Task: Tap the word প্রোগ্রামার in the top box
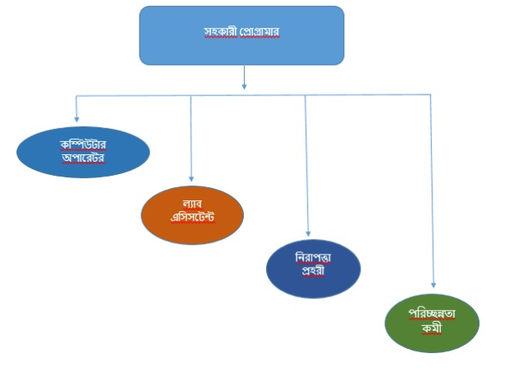point(259,32)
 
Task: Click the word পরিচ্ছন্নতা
point(433,314)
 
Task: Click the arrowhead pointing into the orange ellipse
point(191,177)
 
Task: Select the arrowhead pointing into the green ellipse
point(433,283)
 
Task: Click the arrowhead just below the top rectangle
point(244,84)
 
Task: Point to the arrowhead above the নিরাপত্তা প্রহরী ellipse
point(308,234)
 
